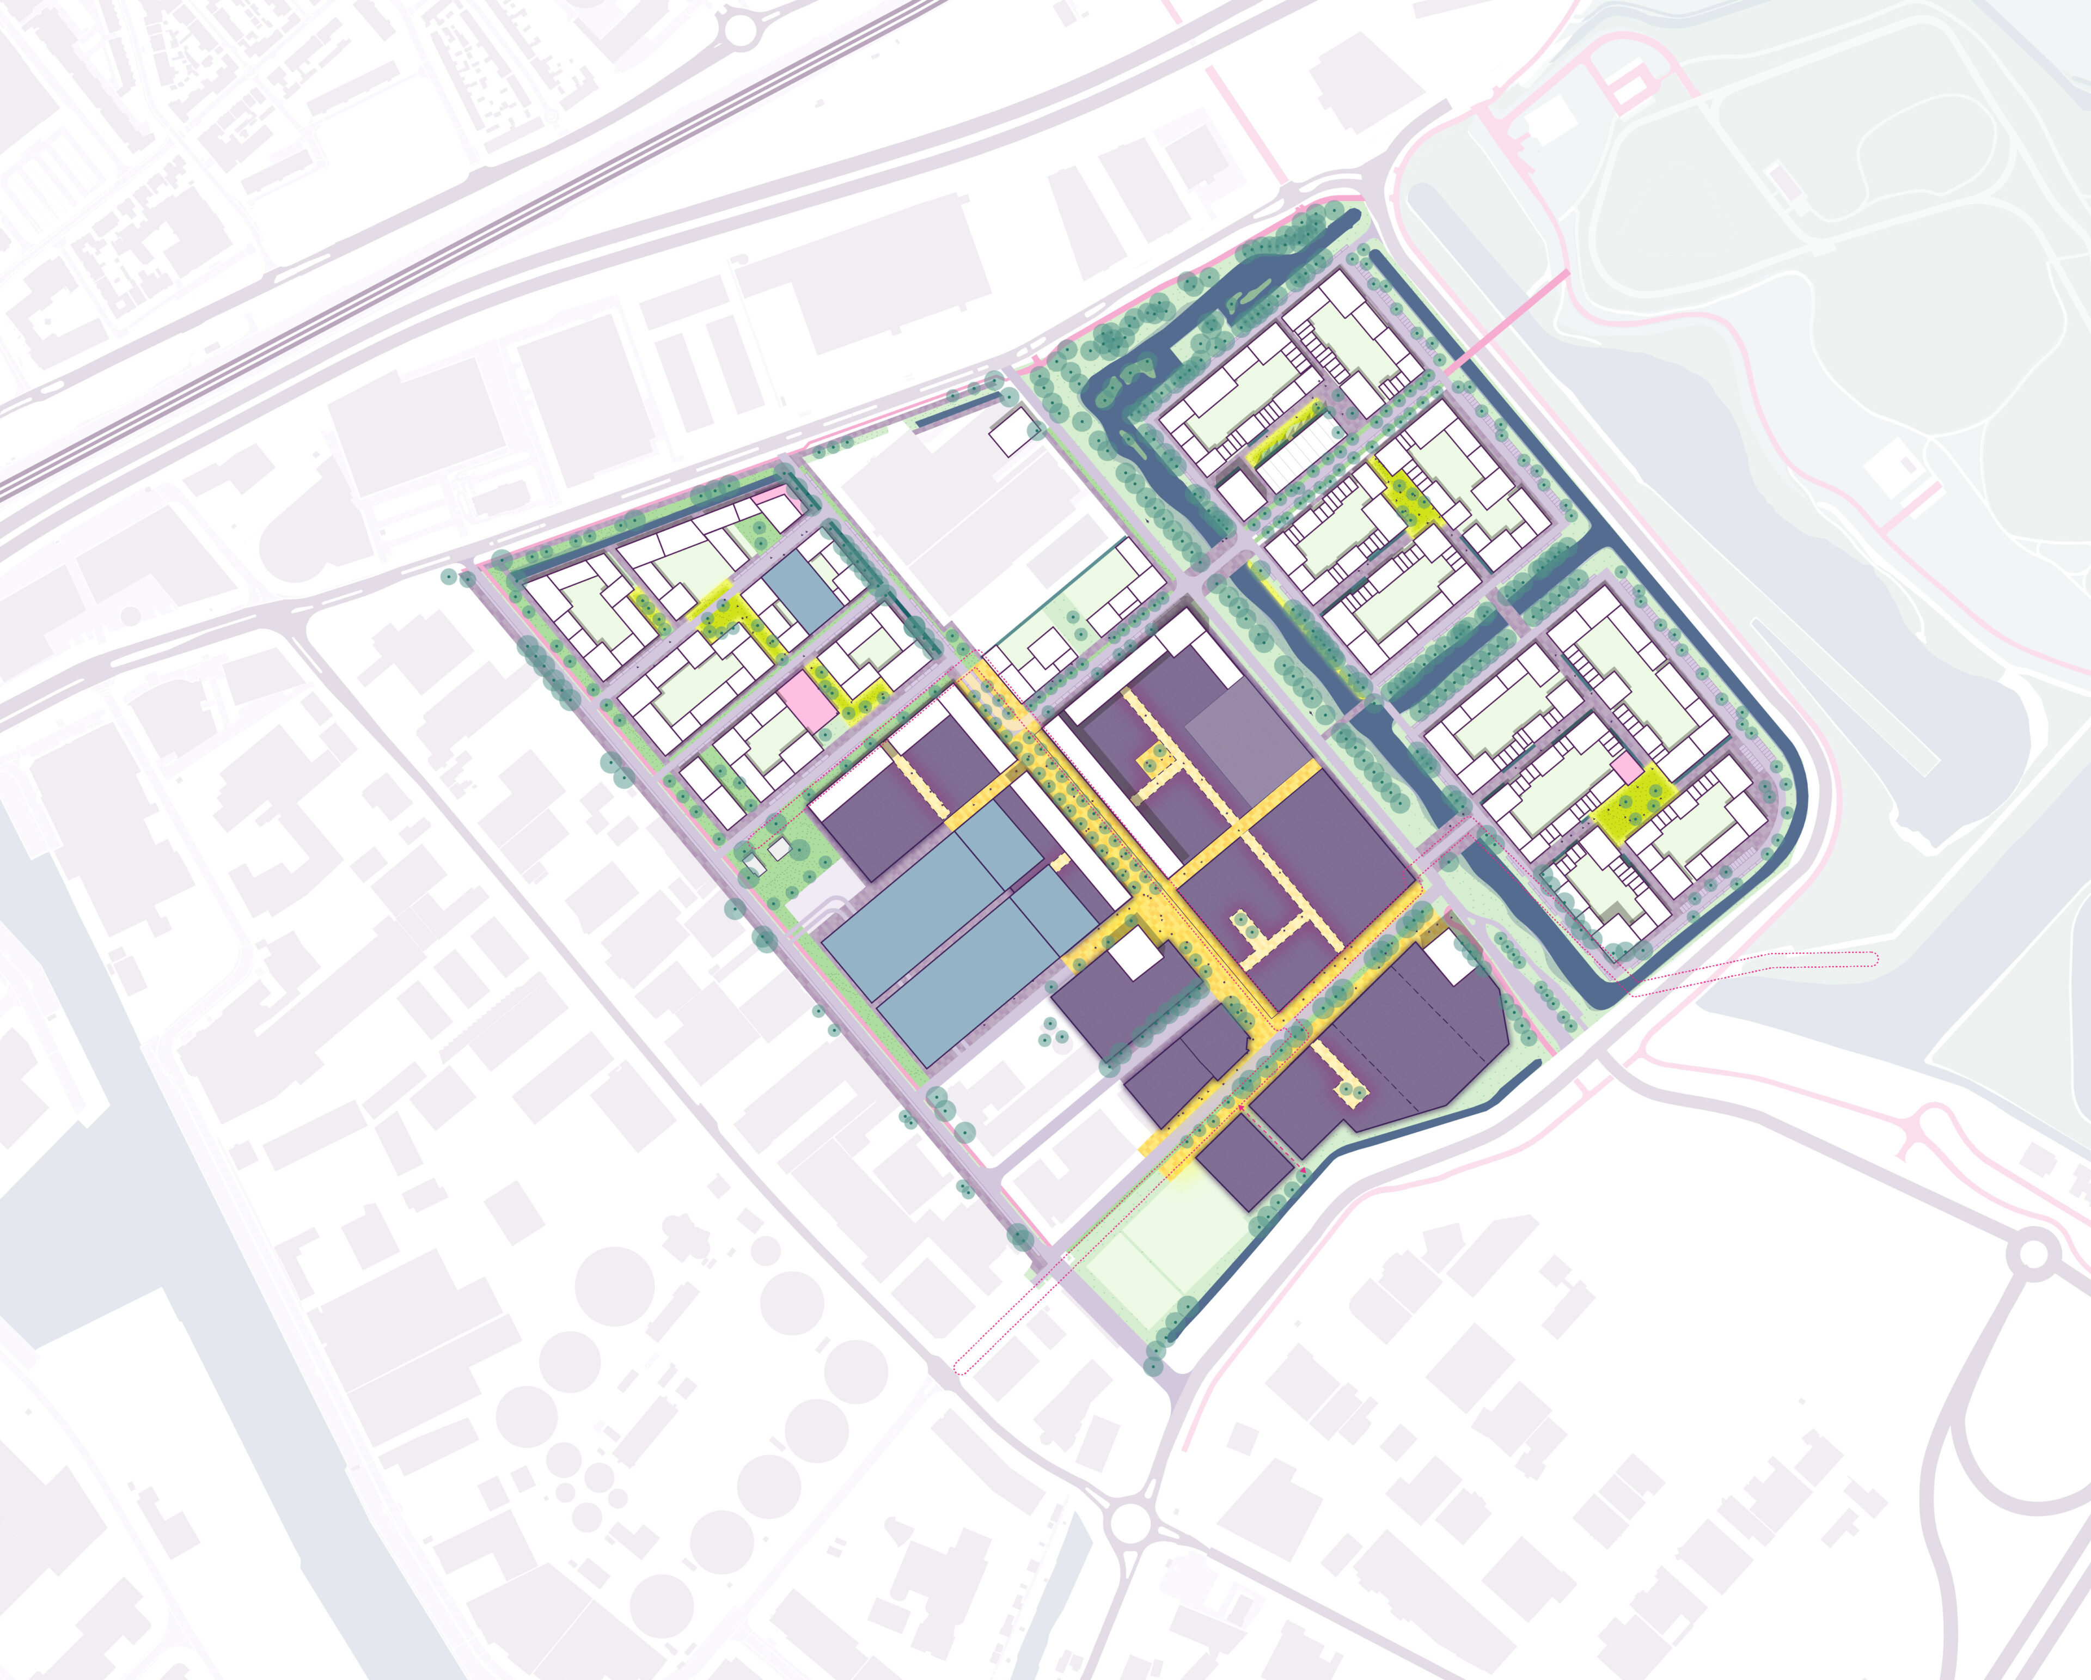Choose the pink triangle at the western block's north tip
point(771,494)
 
